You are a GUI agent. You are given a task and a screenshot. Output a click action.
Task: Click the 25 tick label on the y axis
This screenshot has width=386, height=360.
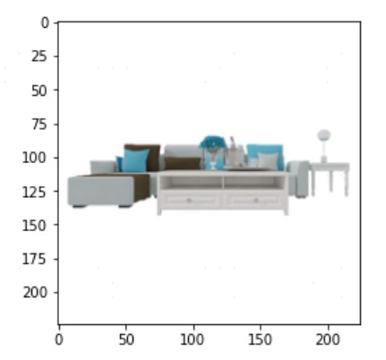[39, 56]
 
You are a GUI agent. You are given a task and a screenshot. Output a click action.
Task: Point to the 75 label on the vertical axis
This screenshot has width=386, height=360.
[39, 124]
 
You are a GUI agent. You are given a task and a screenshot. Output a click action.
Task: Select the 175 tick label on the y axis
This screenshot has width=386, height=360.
[35, 259]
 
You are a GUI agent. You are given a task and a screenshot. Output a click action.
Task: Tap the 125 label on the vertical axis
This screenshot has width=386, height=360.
[35, 192]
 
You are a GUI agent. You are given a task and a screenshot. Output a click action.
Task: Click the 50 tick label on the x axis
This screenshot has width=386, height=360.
[126, 339]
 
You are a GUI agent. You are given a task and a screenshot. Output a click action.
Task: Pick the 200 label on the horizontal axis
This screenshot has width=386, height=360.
[328, 339]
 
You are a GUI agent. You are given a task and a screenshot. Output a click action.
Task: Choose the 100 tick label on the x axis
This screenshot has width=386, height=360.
[193, 339]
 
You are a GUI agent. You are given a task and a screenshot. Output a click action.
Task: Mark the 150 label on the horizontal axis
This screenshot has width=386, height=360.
[261, 339]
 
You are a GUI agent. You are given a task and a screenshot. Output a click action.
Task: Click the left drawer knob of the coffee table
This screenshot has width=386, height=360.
[189, 201]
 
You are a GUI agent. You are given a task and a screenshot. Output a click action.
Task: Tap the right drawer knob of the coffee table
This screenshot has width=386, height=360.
[256, 201]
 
